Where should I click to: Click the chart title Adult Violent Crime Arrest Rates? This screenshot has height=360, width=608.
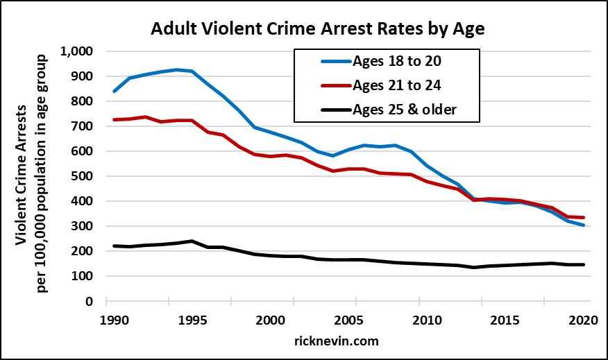coord(304,30)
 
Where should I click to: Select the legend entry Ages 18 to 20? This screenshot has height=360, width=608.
coord(397,61)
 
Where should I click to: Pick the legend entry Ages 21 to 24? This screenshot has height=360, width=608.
coord(397,85)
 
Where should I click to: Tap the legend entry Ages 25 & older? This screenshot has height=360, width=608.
coord(406,110)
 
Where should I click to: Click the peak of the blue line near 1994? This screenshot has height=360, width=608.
coord(177,69)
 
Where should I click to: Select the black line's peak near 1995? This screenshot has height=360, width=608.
coord(191,241)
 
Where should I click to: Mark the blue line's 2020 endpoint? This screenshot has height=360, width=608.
coord(582,225)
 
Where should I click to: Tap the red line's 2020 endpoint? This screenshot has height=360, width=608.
coord(582,218)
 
